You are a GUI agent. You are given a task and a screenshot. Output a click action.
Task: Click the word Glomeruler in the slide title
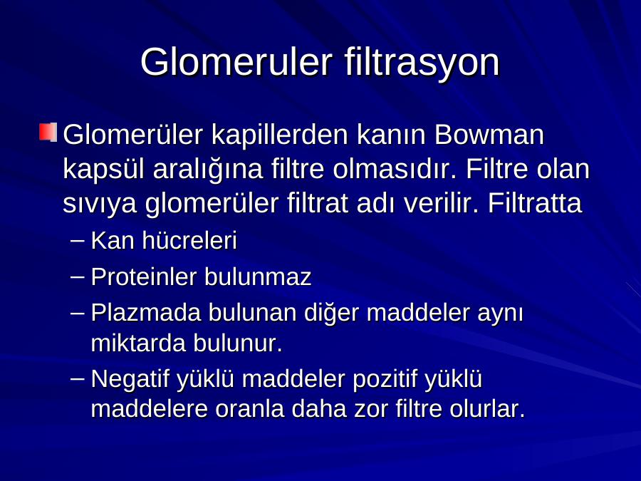pos(236,62)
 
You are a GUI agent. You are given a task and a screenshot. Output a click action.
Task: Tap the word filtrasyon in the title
pos(422,63)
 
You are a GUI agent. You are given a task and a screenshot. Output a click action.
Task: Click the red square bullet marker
pos(48,132)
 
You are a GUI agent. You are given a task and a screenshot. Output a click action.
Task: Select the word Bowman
pos(489,134)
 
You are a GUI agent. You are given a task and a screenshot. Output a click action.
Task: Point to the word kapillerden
pos(280,135)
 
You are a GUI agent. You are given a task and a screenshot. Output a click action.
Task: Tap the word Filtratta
pos(535,203)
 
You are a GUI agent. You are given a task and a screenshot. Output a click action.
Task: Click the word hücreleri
pos(189,240)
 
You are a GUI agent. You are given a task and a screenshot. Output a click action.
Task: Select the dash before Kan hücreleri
pos(77,241)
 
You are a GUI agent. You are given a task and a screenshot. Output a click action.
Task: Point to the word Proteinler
pos(143,277)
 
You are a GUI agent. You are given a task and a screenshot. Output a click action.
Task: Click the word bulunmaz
pos(258,277)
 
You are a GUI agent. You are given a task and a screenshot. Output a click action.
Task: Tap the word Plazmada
pos(146,313)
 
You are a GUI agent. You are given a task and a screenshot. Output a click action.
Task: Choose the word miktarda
pos(138,343)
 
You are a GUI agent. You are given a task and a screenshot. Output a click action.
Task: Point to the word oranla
pos(249,409)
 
